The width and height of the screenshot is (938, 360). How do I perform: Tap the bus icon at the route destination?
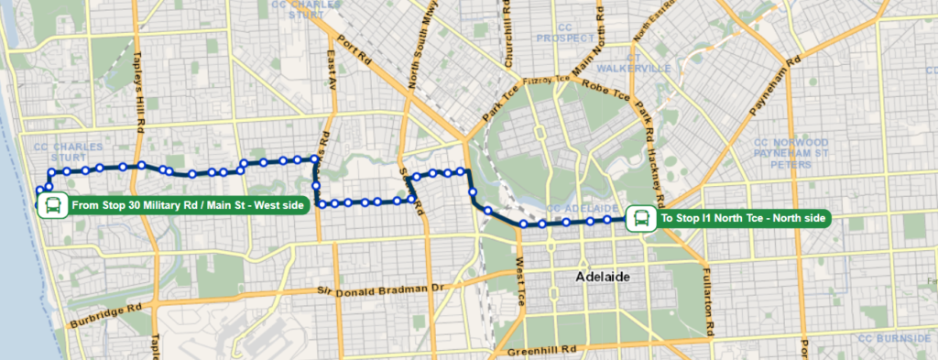(x=640, y=219)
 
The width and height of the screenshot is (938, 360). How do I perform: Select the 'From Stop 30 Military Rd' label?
(x=187, y=205)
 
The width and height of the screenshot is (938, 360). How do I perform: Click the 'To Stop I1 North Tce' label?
(x=744, y=219)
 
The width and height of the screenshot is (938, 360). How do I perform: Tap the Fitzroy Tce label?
(x=546, y=80)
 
